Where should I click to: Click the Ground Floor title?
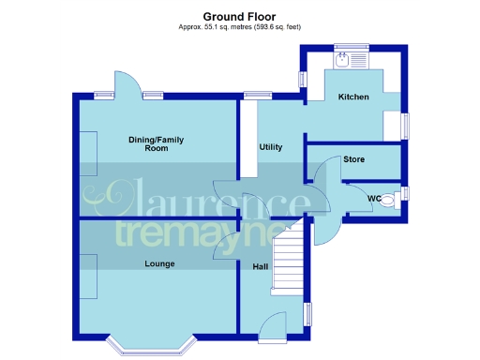point(239,16)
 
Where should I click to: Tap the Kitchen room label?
point(353,97)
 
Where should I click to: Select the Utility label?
point(271,147)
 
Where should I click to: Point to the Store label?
point(353,159)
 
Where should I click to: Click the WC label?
point(373,198)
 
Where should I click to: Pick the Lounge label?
point(159,263)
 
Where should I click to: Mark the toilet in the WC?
point(392,198)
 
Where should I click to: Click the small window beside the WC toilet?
point(405,194)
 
